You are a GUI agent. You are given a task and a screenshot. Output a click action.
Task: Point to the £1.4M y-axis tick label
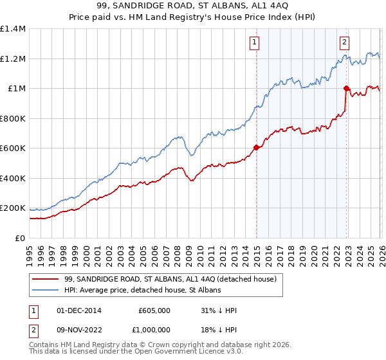pos(13,29)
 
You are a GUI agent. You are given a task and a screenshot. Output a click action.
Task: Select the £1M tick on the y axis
pos(17,89)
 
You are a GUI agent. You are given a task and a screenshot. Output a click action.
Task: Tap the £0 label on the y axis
pos(21,238)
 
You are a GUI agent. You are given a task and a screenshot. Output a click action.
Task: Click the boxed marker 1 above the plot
pos(255,42)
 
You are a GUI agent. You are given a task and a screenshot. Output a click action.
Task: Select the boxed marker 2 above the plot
pos(345,42)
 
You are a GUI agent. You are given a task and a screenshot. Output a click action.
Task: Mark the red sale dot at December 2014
pos(256,148)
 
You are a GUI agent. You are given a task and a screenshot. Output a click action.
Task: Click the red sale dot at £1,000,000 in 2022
pos(346,89)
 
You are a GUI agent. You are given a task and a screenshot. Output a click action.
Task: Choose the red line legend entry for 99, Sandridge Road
pos(170,279)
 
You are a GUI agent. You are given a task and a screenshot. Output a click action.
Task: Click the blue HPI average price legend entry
pos(142,291)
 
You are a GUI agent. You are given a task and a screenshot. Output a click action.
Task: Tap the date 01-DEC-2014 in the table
pos(80,310)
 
